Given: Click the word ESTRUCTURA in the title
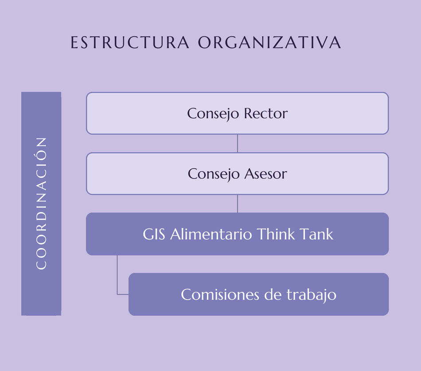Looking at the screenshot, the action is pyautogui.click(x=130, y=43).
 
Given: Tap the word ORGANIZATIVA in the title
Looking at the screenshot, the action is pyautogui.click(x=269, y=43).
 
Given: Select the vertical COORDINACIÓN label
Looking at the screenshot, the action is pyautogui.click(x=41, y=203).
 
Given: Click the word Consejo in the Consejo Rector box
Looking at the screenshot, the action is pyautogui.click(x=213, y=114).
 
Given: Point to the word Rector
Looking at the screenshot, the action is pyautogui.click(x=266, y=113).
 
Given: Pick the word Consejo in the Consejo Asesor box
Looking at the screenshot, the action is pyautogui.click(x=214, y=174).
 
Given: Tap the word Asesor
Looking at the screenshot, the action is pyautogui.click(x=265, y=174).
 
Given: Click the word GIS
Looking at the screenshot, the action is pyautogui.click(x=154, y=234).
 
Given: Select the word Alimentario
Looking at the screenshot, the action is pyautogui.click(x=211, y=234).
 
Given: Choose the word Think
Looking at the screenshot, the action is pyautogui.click(x=276, y=234).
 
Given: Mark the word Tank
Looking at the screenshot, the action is pyautogui.click(x=316, y=234).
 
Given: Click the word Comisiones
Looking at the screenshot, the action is pyautogui.click(x=220, y=294).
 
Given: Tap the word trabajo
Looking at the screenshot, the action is pyautogui.click(x=312, y=295).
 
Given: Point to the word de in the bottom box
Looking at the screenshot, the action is pyautogui.click(x=273, y=294).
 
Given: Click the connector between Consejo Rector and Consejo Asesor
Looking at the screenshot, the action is pyautogui.click(x=238, y=143).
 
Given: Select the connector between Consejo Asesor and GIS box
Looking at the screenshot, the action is pyautogui.click(x=238, y=204).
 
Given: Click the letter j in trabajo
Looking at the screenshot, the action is pyautogui.click(x=324, y=296).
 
